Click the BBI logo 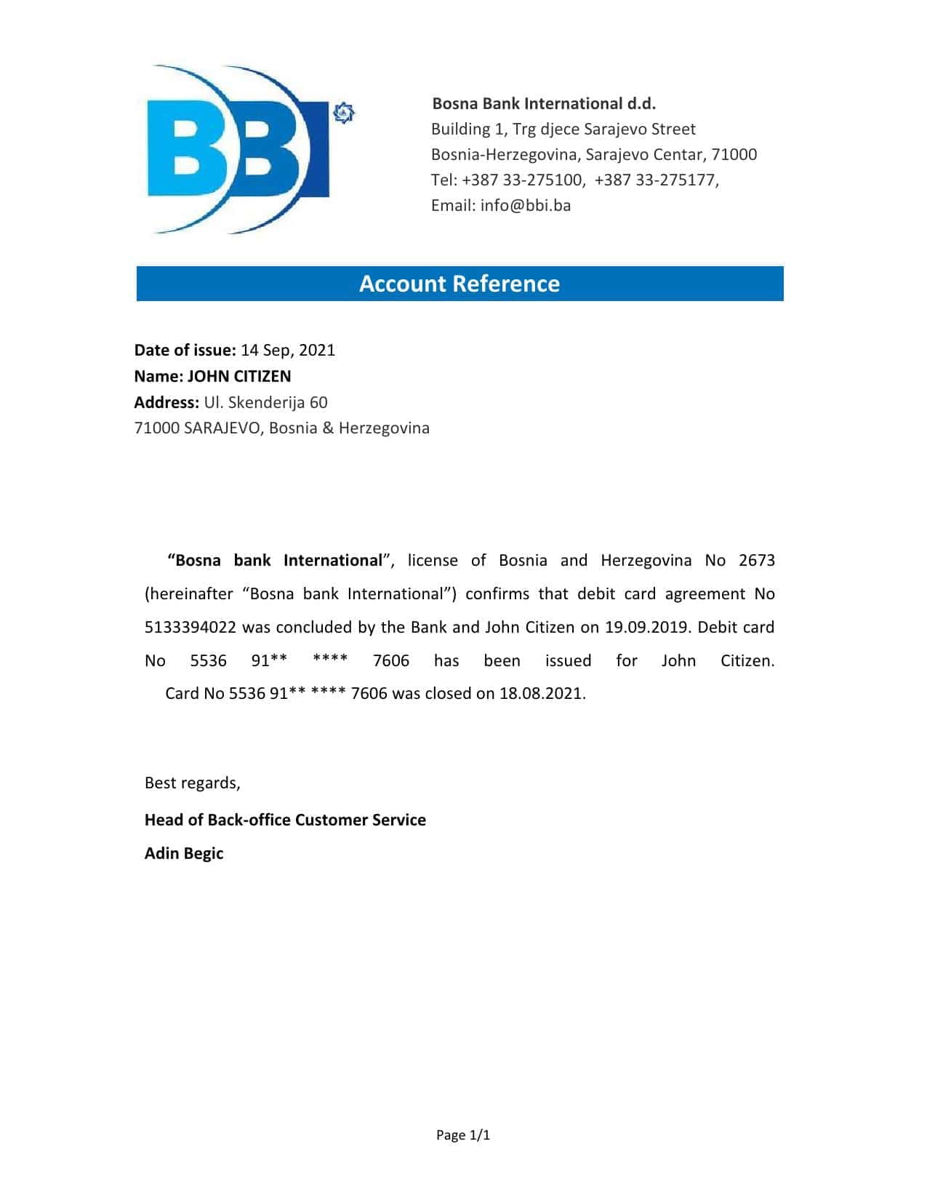point(240,150)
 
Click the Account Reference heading point(460,284)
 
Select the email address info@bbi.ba point(526,205)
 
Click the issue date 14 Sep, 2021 point(288,350)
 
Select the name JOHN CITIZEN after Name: point(239,376)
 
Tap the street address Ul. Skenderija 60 point(266,402)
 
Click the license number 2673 point(756,560)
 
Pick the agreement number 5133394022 point(190,627)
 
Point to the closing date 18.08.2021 point(541,693)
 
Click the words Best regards point(192,783)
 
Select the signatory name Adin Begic point(184,853)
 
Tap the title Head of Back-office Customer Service point(285,820)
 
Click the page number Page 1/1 point(463,1135)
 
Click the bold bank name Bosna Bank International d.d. point(544,103)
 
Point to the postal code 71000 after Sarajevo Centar point(734,154)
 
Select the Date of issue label point(185,350)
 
